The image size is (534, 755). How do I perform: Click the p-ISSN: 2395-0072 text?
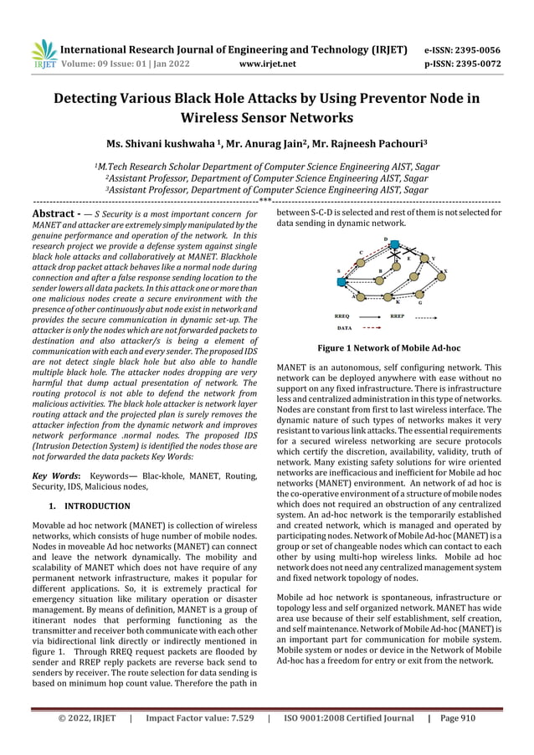[464, 61]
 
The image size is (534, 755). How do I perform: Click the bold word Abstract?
[54, 214]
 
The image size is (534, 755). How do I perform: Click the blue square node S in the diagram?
[341, 282]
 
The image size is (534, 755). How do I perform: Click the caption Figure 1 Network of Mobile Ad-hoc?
[388, 347]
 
